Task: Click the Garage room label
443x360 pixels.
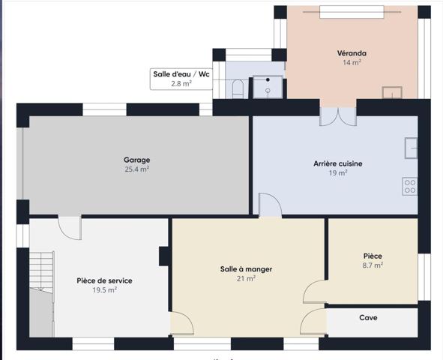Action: click(136, 160)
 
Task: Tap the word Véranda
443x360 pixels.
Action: click(352, 53)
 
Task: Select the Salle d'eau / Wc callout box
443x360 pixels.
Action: click(181, 79)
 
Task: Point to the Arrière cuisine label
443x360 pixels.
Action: click(337, 163)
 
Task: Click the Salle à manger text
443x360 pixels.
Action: click(246, 269)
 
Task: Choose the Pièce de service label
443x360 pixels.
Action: click(104, 280)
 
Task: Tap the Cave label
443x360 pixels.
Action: click(368, 318)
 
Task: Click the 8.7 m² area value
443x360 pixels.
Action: click(373, 265)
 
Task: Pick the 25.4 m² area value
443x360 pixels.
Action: click(136, 169)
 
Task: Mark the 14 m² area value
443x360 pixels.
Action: click(352, 63)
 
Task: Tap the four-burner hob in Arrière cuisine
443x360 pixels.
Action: click(409, 186)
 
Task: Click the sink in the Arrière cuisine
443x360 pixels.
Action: click(411, 147)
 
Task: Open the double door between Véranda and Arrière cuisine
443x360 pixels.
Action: click(338, 116)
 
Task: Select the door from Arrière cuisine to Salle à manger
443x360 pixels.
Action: click(268, 205)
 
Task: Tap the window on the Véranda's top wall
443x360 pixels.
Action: click(352, 12)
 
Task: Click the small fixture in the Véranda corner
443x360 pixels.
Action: click(391, 92)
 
